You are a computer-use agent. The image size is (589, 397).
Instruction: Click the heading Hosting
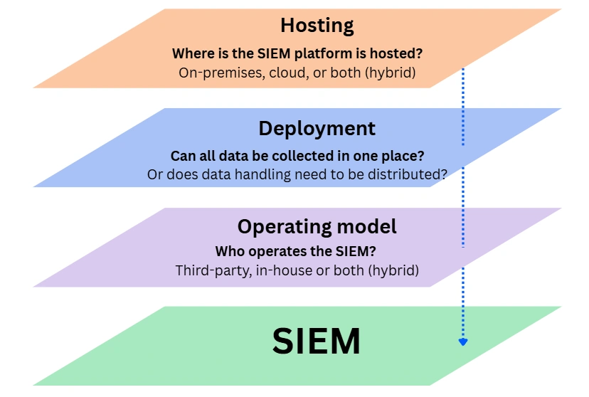click(x=317, y=26)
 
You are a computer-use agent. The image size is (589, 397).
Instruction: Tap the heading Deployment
click(x=317, y=129)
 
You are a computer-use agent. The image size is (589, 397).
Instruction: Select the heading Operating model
click(x=317, y=227)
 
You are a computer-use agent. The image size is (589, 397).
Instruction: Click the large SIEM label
click(x=317, y=342)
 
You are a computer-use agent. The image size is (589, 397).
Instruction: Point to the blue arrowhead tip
click(x=463, y=344)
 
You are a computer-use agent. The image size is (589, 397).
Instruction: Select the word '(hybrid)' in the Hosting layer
click(x=389, y=73)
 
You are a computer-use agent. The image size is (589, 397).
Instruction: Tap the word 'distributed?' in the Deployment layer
click(x=409, y=174)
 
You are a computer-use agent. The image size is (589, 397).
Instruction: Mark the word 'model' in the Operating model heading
click(x=368, y=227)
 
